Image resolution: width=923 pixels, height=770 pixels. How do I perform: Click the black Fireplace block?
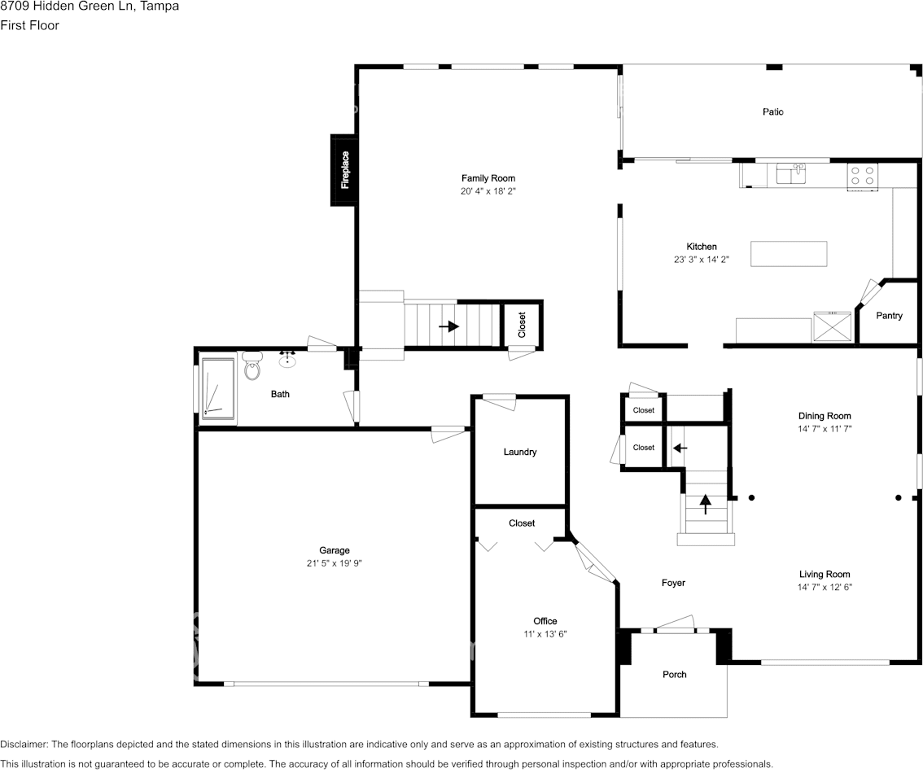click(343, 170)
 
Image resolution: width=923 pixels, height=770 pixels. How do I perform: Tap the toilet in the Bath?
click(252, 367)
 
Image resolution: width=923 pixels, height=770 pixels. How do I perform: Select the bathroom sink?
click(287, 359)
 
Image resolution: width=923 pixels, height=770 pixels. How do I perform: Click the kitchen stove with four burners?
click(862, 175)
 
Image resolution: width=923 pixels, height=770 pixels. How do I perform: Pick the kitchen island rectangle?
click(788, 254)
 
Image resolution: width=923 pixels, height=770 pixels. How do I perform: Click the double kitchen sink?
click(790, 173)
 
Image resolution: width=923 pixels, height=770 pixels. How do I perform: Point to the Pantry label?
click(889, 316)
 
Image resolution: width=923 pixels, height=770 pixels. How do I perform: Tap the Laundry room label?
click(520, 452)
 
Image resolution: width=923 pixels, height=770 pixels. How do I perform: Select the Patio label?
click(772, 112)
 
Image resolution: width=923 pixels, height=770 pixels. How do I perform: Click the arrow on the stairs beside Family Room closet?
click(448, 326)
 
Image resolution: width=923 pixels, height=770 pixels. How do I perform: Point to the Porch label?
click(674, 674)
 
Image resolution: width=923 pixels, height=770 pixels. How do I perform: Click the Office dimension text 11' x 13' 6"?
click(545, 633)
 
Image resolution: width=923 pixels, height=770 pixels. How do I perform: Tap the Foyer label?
click(673, 583)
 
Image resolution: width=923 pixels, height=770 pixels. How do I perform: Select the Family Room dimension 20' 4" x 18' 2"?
click(488, 190)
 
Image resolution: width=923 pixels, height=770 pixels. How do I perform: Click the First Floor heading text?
click(29, 25)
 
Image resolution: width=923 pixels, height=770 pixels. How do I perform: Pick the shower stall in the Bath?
click(218, 391)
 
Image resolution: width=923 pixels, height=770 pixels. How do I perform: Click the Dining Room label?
click(825, 416)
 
